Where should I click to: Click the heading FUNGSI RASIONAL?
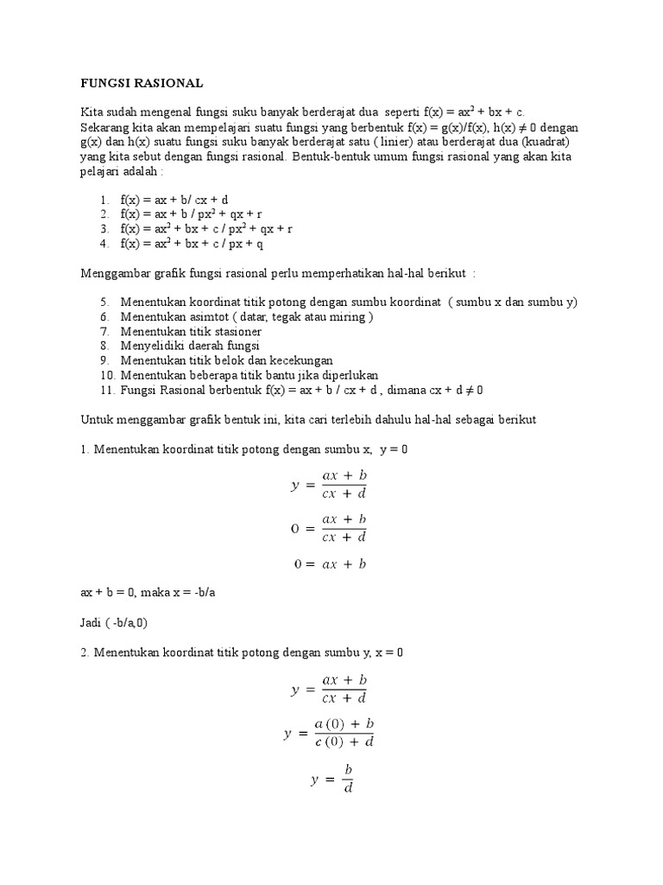tap(142, 84)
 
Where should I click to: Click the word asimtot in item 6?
tap(208, 317)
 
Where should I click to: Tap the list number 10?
tap(107, 374)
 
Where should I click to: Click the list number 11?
tap(107, 389)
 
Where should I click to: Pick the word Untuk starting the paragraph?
tap(97, 418)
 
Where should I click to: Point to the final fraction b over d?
tap(349, 778)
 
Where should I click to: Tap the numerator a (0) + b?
tap(344, 723)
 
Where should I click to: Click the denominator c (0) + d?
tap(344, 742)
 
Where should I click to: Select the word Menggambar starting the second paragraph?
tap(116, 273)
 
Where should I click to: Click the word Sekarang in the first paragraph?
tap(105, 127)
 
